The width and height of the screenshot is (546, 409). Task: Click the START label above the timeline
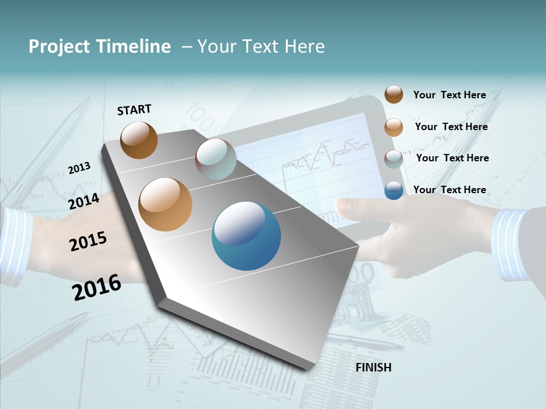[134, 110]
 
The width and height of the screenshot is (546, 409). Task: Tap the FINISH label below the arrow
[373, 368]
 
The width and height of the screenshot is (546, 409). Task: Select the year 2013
[79, 168]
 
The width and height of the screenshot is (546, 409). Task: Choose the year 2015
[88, 241]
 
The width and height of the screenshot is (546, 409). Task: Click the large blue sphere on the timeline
[246, 236]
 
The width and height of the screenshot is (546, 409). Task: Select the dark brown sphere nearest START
[139, 140]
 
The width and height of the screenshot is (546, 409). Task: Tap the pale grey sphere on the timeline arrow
[216, 159]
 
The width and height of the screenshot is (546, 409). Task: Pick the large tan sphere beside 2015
[166, 204]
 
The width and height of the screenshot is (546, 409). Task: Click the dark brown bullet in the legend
[394, 94]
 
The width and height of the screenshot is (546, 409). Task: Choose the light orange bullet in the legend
[394, 127]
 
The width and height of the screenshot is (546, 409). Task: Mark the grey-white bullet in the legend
[394, 159]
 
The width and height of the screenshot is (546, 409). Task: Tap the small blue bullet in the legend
[394, 190]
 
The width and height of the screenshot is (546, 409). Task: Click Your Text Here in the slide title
[261, 47]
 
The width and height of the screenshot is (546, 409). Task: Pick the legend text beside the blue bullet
[449, 190]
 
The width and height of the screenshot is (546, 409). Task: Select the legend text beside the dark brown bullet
[449, 95]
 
